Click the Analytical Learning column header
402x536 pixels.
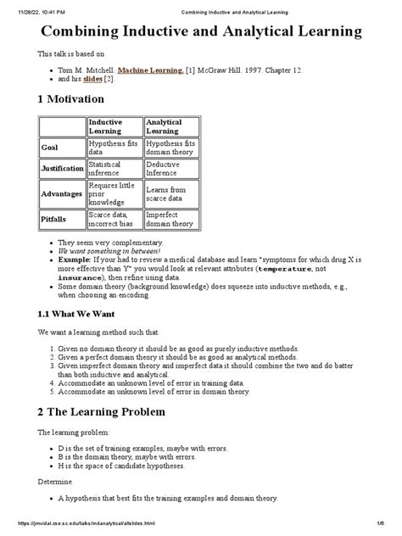[x=164, y=127]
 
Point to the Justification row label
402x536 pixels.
[x=62, y=168]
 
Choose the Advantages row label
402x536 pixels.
[x=61, y=194]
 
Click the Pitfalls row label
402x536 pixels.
[x=53, y=220]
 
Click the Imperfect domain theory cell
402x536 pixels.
[x=170, y=220]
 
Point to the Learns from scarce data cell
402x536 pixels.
[x=165, y=194]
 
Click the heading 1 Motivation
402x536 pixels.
[x=76, y=100]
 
